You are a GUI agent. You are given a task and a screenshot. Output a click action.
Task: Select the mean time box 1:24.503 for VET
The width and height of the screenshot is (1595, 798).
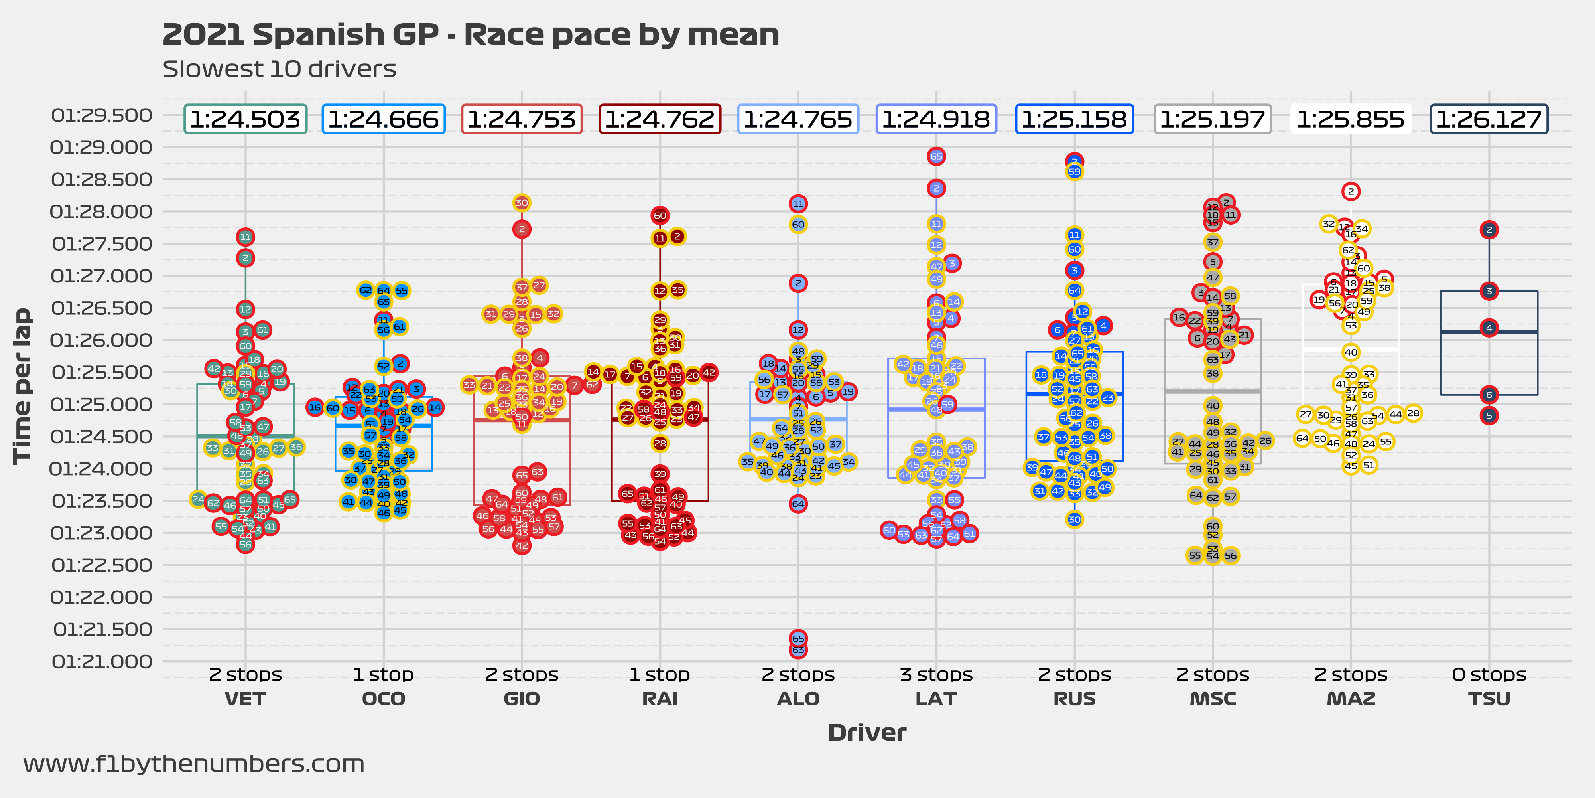[245, 119]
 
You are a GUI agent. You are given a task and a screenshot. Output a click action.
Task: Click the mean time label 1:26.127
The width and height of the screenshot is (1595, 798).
[1489, 119]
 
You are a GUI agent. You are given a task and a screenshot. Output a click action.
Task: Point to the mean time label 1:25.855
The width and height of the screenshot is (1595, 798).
[1351, 119]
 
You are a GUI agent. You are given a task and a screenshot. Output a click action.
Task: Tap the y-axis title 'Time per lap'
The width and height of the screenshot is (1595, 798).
[22, 386]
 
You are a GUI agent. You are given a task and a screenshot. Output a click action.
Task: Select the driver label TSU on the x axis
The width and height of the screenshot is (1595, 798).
[1489, 699]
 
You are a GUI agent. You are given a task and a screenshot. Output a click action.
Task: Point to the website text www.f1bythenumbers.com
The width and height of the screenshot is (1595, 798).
[194, 764]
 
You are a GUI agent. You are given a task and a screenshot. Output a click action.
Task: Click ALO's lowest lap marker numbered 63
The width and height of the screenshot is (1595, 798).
[798, 650]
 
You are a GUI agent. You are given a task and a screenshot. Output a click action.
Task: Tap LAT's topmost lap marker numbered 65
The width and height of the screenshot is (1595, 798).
[936, 156]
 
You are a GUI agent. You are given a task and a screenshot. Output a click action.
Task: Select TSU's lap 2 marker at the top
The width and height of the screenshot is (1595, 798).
[1489, 230]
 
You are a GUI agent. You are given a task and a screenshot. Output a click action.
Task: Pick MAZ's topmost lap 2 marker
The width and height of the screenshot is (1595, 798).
[1351, 192]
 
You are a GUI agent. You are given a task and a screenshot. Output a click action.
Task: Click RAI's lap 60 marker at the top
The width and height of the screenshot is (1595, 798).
[660, 215]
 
